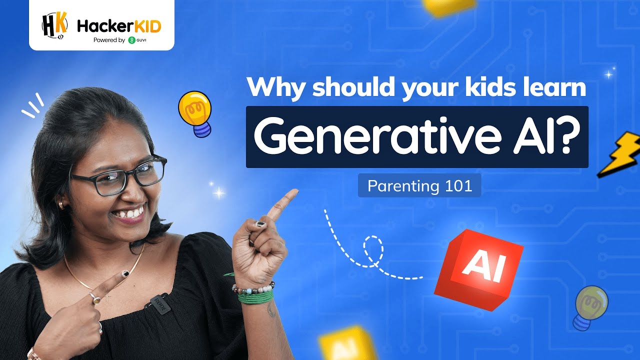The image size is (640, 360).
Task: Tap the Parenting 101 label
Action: [x=419, y=186]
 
